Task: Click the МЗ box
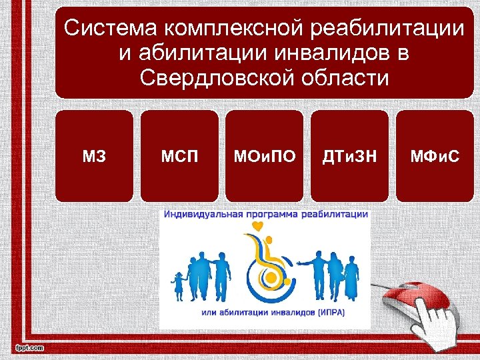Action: [x=94, y=156]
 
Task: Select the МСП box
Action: [x=179, y=156]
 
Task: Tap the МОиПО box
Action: [x=265, y=156]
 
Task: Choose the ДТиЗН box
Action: [x=350, y=156]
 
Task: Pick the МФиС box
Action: [x=435, y=156]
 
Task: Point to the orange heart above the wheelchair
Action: [x=257, y=227]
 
